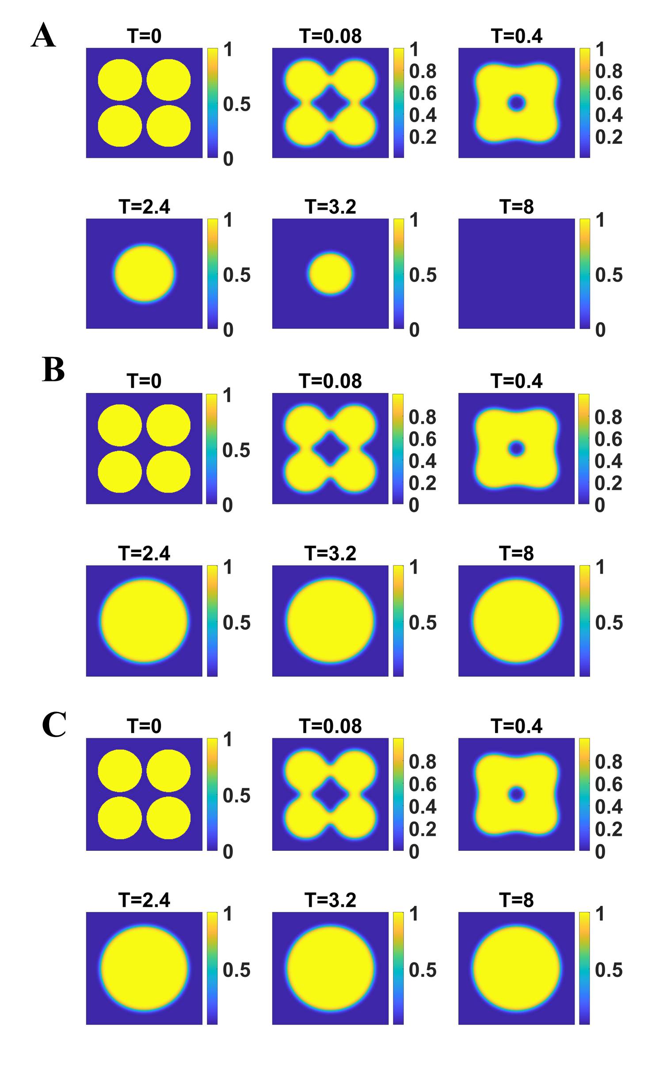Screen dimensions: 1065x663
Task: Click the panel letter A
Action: (x=43, y=35)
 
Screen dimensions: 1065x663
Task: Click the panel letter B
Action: (x=53, y=369)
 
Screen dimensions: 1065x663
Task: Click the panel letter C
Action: (x=54, y=724)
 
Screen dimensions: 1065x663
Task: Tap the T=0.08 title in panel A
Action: (x=330, y=36)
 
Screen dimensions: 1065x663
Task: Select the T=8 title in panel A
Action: (x=516, y=207)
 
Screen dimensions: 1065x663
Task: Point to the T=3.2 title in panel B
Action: (x=330, y=553)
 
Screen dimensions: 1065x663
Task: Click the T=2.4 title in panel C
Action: (x=144, y=900)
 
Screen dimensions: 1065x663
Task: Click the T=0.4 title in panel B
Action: (x=516, y=381)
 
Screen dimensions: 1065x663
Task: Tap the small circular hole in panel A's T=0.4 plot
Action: (x=516, y=103)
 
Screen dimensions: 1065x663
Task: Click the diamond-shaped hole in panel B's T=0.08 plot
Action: (x=330, y=448)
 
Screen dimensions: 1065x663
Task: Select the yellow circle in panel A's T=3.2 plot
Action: (x=330, y=273)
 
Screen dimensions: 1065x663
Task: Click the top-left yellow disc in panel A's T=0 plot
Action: (x=120, y=80)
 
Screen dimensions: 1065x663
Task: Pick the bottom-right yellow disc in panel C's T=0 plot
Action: (x=168, y=818)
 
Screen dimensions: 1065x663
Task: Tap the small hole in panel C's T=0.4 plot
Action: (x=516, y=794)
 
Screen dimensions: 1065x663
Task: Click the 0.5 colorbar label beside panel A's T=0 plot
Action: (x=236, y=104)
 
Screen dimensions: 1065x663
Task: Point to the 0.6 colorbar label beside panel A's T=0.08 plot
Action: (x=423, y=93)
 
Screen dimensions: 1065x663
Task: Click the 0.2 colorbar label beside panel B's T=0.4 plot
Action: (x=608, y=483)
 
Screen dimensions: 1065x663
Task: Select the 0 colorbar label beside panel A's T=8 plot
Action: (x=600, y=330)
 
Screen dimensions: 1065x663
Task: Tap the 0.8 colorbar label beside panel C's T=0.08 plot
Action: (x=423, y=762)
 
